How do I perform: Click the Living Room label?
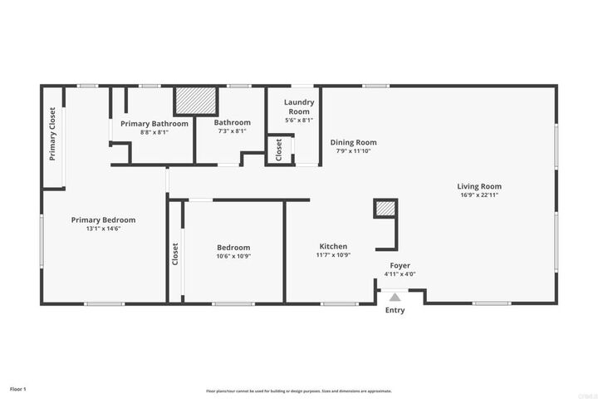point(478,186)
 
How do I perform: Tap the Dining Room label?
point(354,142)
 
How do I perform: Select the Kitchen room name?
point(334,247)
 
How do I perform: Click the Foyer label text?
point(400,265)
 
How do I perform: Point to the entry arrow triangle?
point(395,295)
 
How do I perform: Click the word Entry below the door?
point(395,310)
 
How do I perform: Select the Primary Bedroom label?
point(103,219)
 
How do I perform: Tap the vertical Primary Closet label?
point(52,135)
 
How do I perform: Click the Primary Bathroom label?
point(154,123)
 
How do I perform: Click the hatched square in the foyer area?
point(385,209)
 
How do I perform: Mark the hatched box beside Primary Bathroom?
point(195,101)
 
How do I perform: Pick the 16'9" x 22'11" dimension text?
point(478,195)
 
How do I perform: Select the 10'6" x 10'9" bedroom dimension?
point(233,256)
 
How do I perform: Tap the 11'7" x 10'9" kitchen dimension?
point(334,255)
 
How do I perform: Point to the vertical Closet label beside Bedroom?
point(174,254)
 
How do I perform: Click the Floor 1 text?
point(18,388)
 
